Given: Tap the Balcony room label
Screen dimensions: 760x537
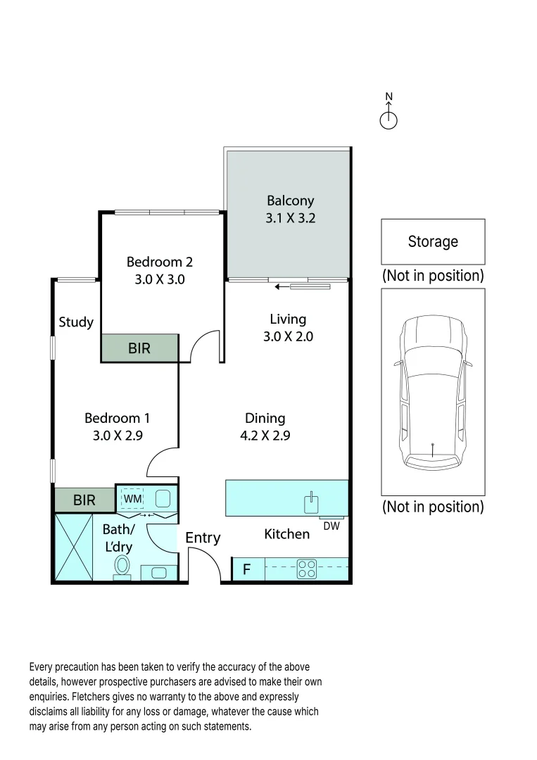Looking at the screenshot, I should coord(290,201).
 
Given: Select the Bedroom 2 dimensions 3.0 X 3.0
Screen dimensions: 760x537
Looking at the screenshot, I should coord(159,279).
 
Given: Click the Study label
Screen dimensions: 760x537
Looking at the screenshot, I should coord(76,322).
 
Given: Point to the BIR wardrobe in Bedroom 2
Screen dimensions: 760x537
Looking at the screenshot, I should coord(139,348).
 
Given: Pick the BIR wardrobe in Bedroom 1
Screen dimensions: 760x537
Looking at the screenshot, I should coord(84,500).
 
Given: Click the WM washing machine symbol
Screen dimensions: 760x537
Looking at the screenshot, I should coord(133,499).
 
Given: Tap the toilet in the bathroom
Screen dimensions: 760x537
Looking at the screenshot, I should coord(123,566).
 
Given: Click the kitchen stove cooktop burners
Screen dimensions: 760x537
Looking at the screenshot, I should coord(306,568).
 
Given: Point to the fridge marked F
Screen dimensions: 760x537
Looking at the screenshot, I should coord(247,569).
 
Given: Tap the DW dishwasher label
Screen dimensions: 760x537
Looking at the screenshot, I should coord(331,526).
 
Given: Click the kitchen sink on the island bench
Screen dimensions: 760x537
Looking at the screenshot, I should coord(310,502).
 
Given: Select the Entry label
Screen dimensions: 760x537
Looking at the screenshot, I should coord(203,538).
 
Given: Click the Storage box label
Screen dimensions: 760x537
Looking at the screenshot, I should coord(433,241).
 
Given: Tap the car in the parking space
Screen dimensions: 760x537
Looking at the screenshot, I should coord(432,392).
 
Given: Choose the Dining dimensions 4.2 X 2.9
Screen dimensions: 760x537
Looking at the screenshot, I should coord(265,436).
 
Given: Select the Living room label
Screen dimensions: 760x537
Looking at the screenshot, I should coord(288,319).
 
